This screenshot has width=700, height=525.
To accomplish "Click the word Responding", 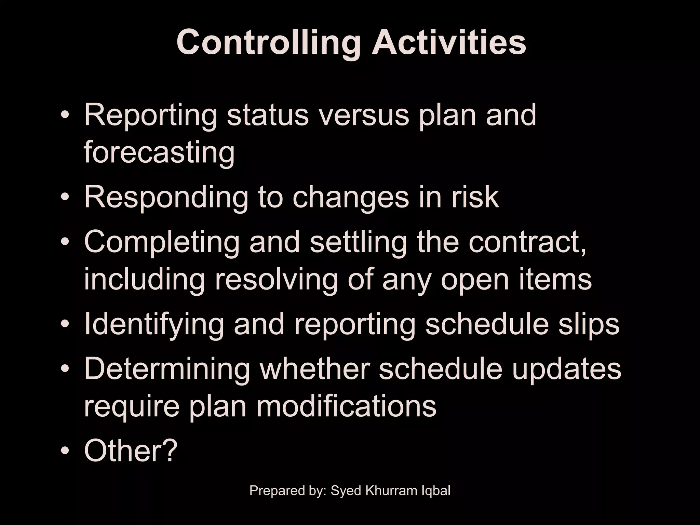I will tap(166, 197).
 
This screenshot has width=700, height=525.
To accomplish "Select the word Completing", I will tap(162, 242).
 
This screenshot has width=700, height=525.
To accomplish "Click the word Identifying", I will tap(153, 324).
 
